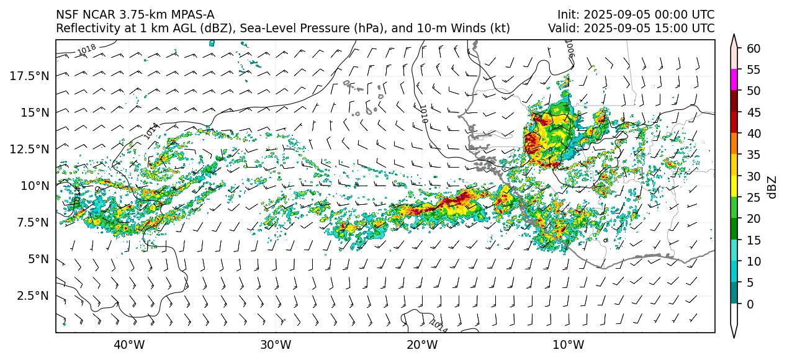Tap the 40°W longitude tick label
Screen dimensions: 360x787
coord(129,344)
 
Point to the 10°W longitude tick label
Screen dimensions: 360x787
coord(568,344)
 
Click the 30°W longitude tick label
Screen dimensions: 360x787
coord(276,344)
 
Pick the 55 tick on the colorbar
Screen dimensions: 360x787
coord(753,70)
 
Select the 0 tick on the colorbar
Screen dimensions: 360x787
coord(750,304)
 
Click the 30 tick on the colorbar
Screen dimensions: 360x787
coord(753,176)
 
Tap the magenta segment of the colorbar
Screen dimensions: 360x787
coord(734,80)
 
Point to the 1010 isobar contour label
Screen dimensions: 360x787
coord(423,114)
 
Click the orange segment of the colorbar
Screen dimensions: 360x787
coord(734,144)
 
